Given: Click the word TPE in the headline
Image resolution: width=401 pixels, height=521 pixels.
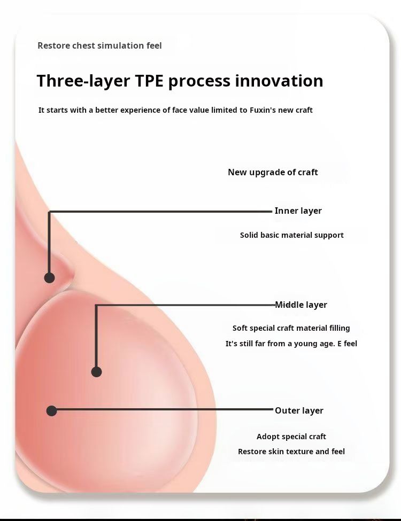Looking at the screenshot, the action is pyautogui.click(x=149, y=81).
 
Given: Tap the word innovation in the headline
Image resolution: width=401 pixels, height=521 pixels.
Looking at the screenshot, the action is pyautogui.click(x=279, y=81).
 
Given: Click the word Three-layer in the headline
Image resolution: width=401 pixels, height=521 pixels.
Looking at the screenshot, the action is pyautogui.click(x=83, y=81).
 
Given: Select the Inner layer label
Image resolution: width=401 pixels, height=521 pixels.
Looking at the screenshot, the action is pyautogui.click(x=298, y=211).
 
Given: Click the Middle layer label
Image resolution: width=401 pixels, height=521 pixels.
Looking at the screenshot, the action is pyautogui.click(x=301, y=305).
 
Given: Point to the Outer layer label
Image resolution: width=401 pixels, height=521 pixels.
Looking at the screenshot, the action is pyautogui.click(x=299, y=411).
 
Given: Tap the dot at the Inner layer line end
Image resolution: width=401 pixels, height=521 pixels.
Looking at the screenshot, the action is pyautogui.click(x=49, y=278).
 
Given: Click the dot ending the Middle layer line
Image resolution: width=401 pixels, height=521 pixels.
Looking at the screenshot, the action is pyautogui.click(x=96, y=372).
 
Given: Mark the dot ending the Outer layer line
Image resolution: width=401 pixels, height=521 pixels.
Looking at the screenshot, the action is pyautogui.click(x=51, y=411).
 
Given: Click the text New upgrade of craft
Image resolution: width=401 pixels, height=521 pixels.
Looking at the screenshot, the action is pyautogui.click(x=273, y=172).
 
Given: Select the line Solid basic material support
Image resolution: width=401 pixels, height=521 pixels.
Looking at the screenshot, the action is pyautogui.click(x=292, y=235).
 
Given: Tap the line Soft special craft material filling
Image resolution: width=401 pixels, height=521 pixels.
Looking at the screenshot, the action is pyautogui.click(x=291, y=328).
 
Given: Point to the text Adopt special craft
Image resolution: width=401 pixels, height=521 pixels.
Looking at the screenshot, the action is pyautogui.click(x=291, y=437).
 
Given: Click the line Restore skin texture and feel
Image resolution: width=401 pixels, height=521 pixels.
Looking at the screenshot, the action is pyautogui.click(x=291, y=452).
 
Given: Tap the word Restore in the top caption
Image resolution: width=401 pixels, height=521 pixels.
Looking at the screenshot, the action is pyautogui.click(x=53, y=45).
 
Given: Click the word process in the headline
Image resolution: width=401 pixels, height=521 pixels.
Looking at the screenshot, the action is pyautogui.click(x=199, y=81).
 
